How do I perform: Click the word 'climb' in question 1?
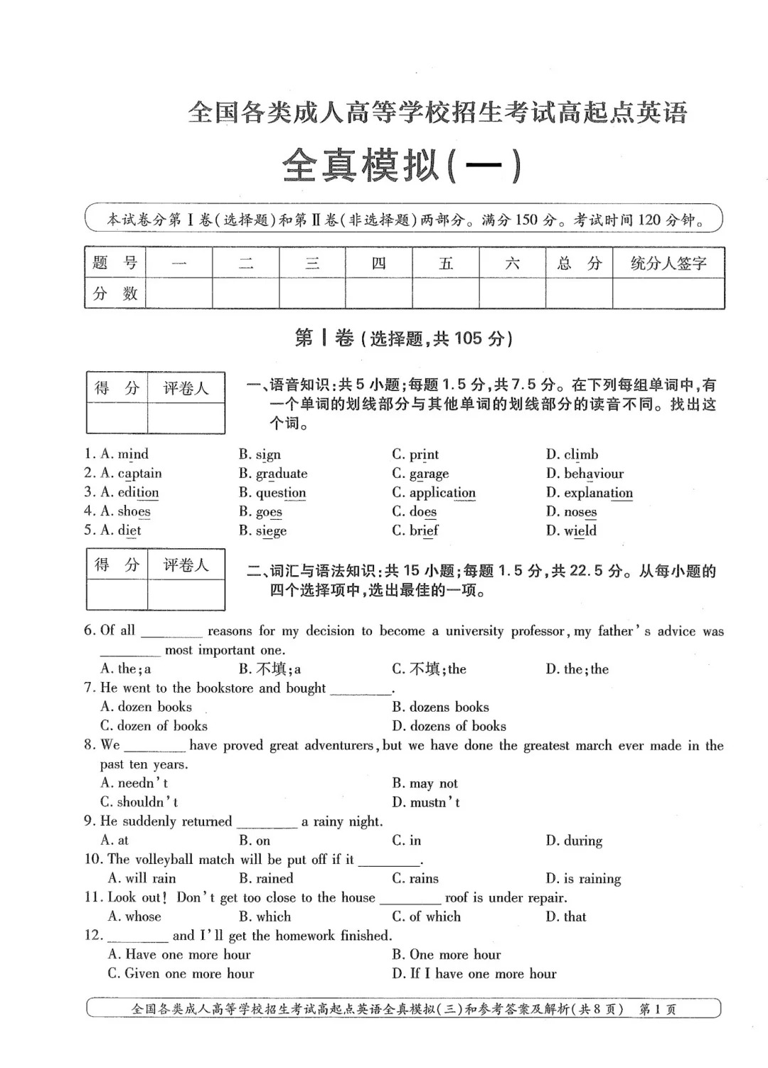[x=581, y=454]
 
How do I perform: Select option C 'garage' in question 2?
[x=429, y=474]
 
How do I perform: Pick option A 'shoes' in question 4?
[x=134, y=511]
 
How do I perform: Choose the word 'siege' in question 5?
[x=271, y=530]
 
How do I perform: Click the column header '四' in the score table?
[x=378, y=264]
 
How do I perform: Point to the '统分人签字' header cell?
[x=668, y=264]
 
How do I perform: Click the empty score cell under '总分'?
[x=579, y=293]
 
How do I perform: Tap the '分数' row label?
[x=115, y=293]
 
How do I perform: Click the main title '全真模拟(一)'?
[x=402, y=166]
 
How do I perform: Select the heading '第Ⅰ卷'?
[x=324, y=338]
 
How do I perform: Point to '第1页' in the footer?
[x=658, y=1009]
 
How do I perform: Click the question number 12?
[x=93, y=936]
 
